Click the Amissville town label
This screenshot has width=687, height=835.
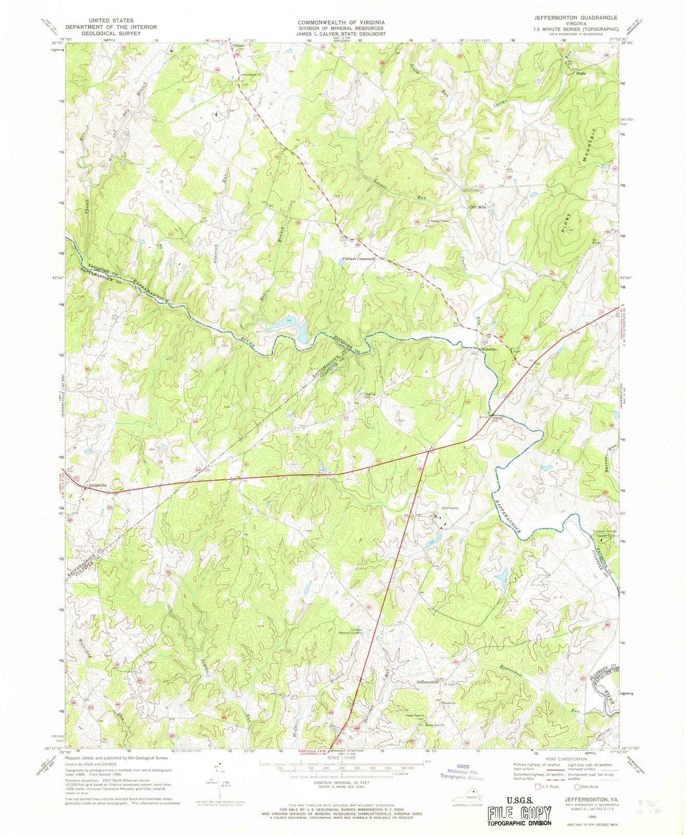(98, 485)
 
